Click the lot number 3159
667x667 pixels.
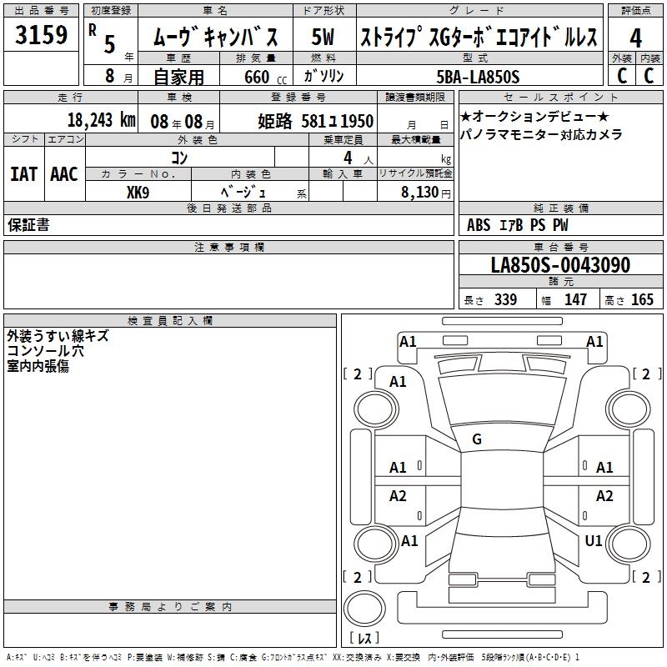click(x=41, y=35)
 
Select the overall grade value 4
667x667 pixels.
click(x=635, y=38)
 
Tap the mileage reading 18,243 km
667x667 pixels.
click(x=102, y=120)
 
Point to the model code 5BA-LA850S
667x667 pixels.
click(x=478, y=77)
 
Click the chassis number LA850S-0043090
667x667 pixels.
click(x=560, y=265)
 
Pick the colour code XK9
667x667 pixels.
click(x=138, y=193)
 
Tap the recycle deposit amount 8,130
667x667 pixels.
click(x=420, y=193)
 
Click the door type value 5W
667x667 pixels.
click(x=323, y=37)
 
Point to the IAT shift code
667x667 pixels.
click(x=24, y=174)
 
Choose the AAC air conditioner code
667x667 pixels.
click(x=64, y=174)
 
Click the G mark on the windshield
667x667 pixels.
click(x=477, y=439)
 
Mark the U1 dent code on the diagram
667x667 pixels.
click(x=594, y=541)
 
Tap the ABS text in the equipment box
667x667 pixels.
click(x=479, y=225)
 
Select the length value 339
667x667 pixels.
click(x=506, y=299)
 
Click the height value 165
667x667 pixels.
click(x=642, y=299)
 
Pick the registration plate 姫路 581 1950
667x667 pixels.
click(x=316, y=121)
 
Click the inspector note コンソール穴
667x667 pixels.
click(x=45, y=351)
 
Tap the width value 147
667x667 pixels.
click(x=575, y=299)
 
